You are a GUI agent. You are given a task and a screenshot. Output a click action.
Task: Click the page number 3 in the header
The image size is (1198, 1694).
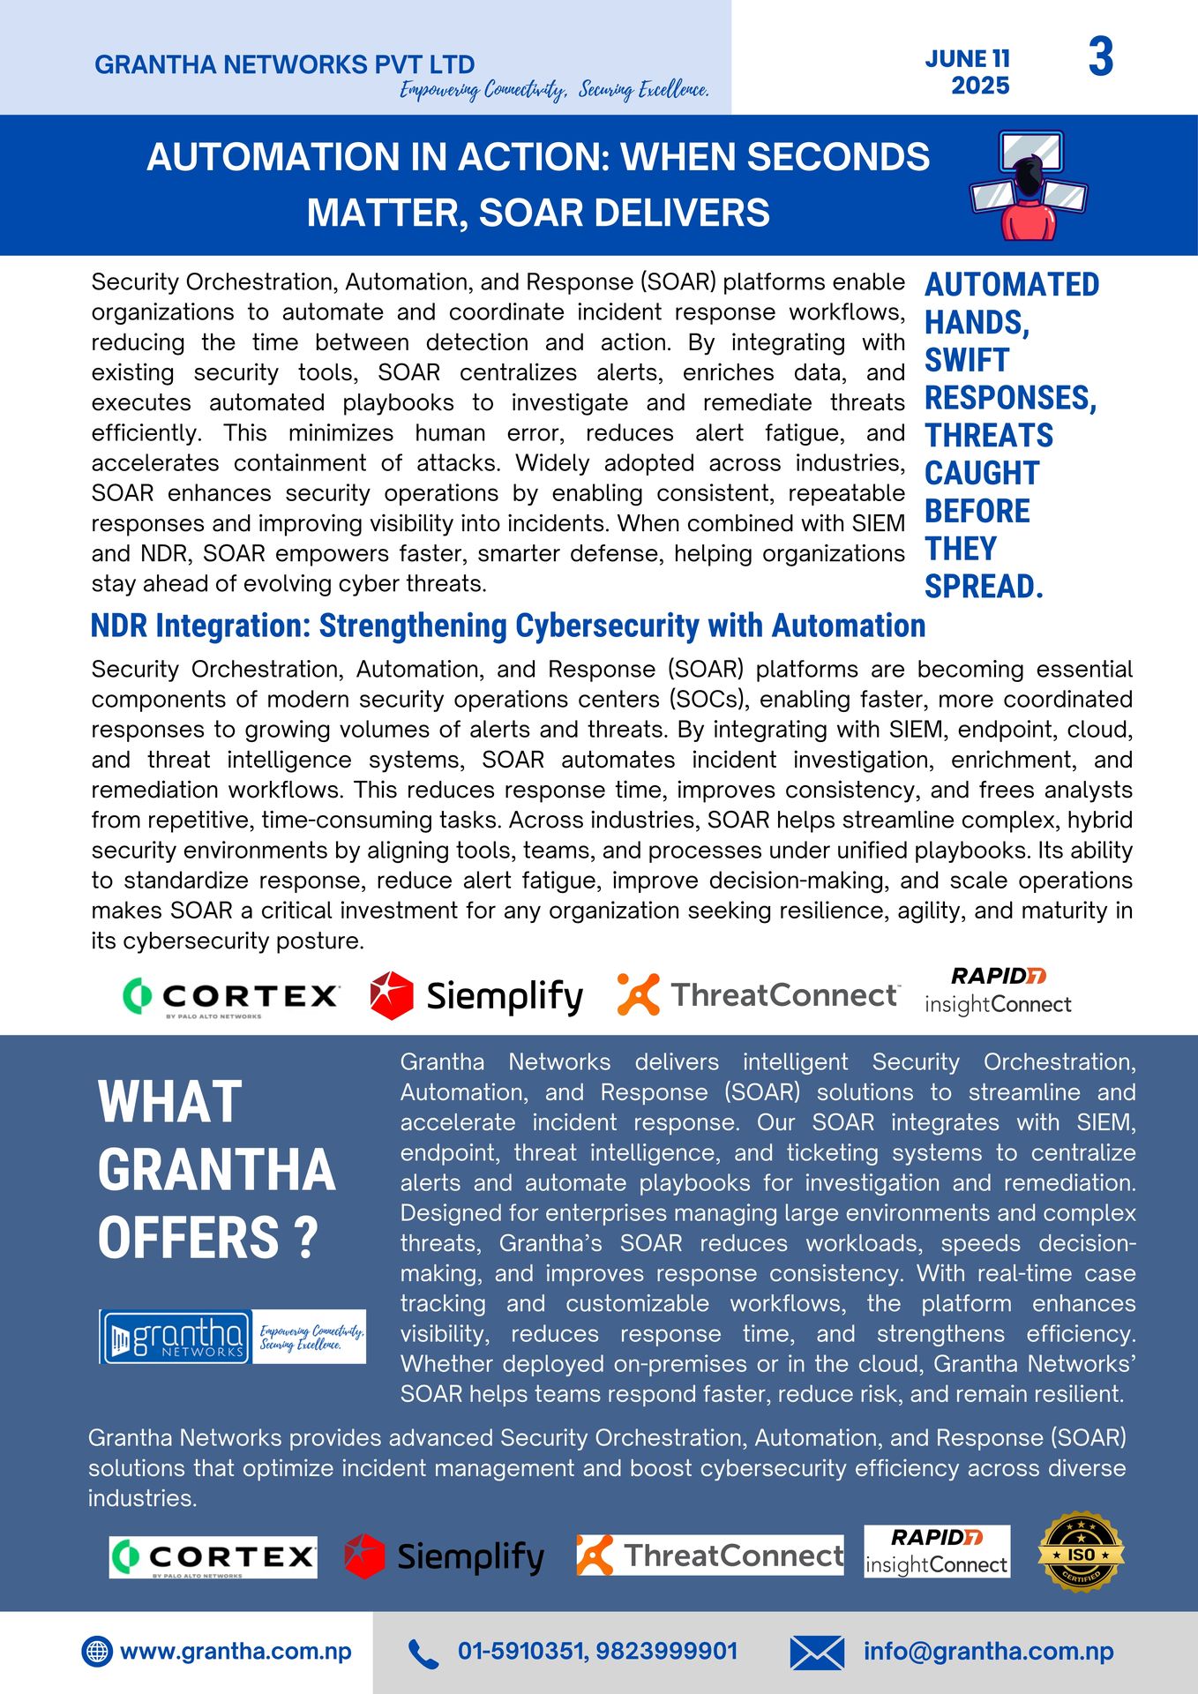coord(1100,57)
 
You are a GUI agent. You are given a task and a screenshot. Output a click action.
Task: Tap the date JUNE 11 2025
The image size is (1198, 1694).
coord(968,72)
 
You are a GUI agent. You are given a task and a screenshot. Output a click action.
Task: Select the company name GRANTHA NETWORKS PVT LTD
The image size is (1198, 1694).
coord(284,64)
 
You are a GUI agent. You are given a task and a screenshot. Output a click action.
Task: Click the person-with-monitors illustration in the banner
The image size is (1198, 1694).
coord(1028,185)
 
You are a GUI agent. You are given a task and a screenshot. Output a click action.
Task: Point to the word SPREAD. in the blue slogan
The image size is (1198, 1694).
coord(984,587)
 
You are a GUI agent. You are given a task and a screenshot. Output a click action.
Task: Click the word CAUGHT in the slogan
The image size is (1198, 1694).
coord(982,474)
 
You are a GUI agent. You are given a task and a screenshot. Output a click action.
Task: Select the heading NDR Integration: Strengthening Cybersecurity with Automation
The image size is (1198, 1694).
coord(508,626)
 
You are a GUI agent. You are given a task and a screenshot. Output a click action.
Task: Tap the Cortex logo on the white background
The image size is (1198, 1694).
coord(231,996)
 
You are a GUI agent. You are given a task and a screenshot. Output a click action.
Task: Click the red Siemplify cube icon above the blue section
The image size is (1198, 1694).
coord(392,995)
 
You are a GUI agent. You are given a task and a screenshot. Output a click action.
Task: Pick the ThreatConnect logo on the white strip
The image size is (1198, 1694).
coord(759,995)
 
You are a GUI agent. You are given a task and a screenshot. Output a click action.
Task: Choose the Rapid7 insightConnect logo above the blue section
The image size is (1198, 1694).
coord(998,991)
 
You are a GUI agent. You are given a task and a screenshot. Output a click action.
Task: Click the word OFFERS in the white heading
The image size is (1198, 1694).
coord(189,1238)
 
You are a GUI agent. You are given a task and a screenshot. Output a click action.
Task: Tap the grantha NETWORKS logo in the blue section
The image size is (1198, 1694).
coord(176,1337)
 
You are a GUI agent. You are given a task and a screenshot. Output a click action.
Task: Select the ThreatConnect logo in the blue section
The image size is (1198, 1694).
coord(710,1555)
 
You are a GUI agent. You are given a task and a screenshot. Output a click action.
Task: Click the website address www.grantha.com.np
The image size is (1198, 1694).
coord(236,1652)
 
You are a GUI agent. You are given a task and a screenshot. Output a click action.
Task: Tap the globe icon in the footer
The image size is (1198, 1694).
coord(97,1652)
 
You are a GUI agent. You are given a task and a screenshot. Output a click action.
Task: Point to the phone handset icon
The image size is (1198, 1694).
coord(423,1653)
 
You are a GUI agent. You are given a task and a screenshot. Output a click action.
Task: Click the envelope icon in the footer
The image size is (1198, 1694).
coord(816,1653)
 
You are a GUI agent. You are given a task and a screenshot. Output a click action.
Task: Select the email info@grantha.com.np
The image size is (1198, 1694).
coord(988,1652)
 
